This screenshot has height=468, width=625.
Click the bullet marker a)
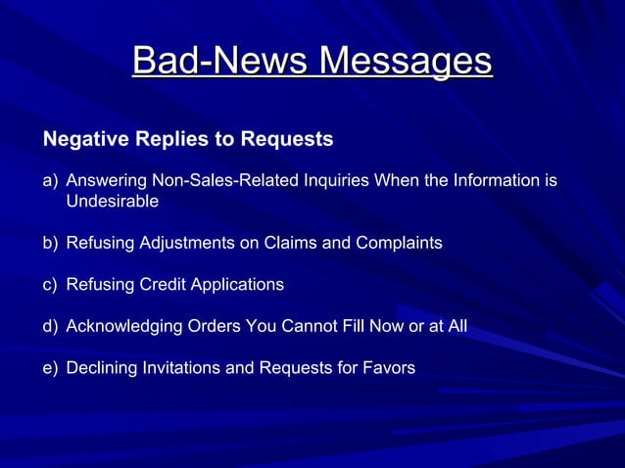[x=50, y=181]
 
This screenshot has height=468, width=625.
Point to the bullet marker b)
[x=50, y=242]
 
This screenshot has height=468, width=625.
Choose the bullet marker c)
[x=50, y=284]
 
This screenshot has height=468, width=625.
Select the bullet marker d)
[x=50, y=326]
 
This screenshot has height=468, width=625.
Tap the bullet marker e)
[x=50, y=368]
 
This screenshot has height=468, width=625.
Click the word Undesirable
[x=112, y=202]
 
